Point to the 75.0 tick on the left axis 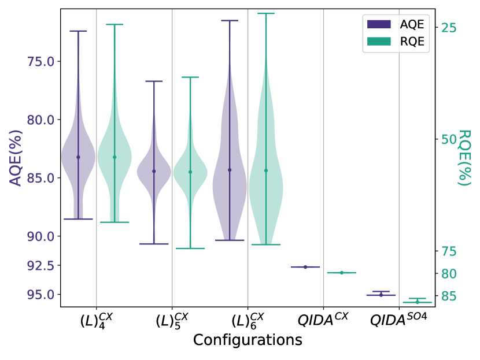(x=42, y=61)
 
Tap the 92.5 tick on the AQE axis (x=42, y=266)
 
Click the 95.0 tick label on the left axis (x=42, y=295)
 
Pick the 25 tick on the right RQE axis (x=449, y=28)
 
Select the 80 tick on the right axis (x=449, y=273)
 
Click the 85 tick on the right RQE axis (x=449, y=296)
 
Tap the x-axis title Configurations (x=248, y=340)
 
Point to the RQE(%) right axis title (x=464, y=157)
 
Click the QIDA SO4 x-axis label (x=399, y=318)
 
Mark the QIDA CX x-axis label (x=323, y=318)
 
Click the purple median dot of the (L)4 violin (x=78, y=157)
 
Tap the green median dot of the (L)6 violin (x=266, y=170)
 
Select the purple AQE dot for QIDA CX (x=305, y=267)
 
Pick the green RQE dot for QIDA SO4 (x=417, y=302)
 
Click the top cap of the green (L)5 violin (x=190, y=77)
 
